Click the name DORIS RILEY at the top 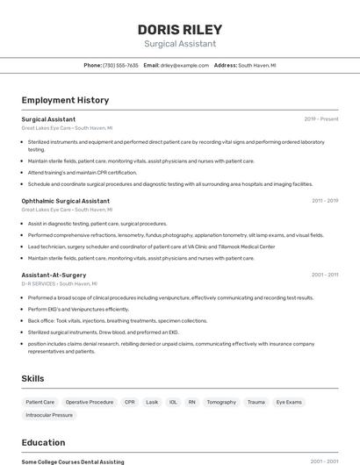click(180, 28)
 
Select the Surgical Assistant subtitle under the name click(180, 43)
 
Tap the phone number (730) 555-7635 click(120, 65)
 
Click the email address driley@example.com click(184, 65)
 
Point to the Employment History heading click(65, 100)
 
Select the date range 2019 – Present click(321, 119)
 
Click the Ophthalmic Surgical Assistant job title click(66, 201)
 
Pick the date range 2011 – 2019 click(324, 201)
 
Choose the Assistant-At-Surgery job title click(54, 275)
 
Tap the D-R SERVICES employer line click(60, 284)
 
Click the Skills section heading click(33, 378)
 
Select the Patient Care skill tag click(40, 402)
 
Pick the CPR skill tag click(130, 402)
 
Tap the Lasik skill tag click(152, 402)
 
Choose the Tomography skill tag click(221, 402)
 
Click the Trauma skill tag click(256, 402)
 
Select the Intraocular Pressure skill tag click(49, 414)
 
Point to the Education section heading click(43, 442)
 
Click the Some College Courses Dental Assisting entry click(73, 461)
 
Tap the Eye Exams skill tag click(289, 402)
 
